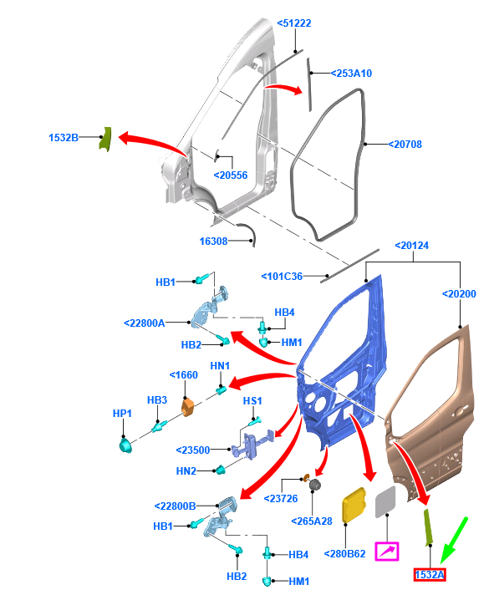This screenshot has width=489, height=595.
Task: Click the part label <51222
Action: point(294,23)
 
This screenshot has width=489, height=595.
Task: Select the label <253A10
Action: point(351,74)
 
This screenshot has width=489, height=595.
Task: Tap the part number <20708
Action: point(405,145)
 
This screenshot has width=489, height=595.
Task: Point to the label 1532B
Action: point(64,137)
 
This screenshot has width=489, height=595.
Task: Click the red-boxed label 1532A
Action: point(430,575)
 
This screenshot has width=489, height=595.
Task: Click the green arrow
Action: point(454,541)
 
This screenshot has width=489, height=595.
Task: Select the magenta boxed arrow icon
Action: point(387,552)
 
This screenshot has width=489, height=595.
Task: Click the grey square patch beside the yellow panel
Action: point(385,501)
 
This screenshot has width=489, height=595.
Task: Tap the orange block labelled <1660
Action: point(187,407)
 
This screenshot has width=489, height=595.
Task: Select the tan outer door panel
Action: point(431,414)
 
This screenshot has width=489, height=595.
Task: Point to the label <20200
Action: point(459,293)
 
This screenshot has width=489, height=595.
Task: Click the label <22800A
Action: point(145,323)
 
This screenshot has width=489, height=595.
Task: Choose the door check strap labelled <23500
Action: point(253,444)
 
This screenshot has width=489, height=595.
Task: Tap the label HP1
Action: point(122,413)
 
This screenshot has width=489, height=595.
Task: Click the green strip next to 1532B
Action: point(105,140)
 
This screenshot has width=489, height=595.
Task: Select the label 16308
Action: point(213,241)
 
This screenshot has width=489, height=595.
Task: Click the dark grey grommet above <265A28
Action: point(315,485)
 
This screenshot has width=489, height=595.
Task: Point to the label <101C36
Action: point(282,277)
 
